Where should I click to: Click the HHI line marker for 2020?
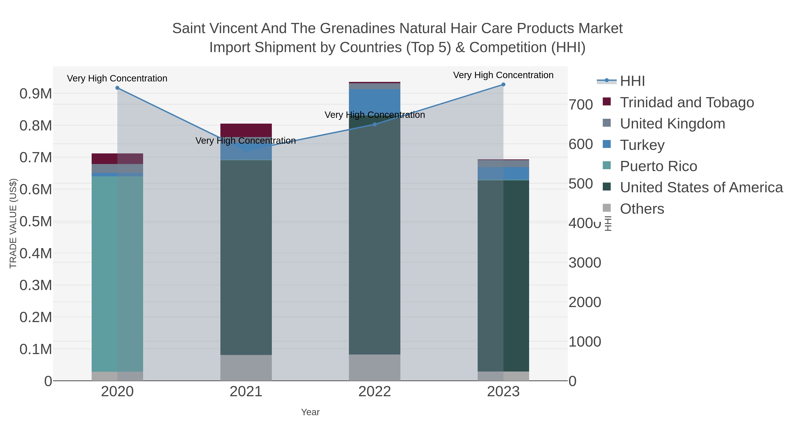[x=117, y=88]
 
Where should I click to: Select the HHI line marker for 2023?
[x=503, y=85]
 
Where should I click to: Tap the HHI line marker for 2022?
[x=375, y=124]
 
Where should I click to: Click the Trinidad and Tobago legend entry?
[x=687, y=102]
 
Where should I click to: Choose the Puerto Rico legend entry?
[x=658, y=166]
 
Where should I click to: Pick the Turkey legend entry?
[x=642, y=145]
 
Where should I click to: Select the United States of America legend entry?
[x=701, y=188]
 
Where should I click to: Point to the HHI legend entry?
[x=632, y=81]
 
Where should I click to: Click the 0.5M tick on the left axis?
[x=36, y=221]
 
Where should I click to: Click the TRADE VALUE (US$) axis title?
[x=13, y=223]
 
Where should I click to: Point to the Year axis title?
[x=310, y=412]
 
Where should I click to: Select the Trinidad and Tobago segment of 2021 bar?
[x=246, y=130]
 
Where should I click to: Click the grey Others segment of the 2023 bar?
[x=503, y=376]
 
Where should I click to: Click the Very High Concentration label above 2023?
[x=503, y=75]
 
